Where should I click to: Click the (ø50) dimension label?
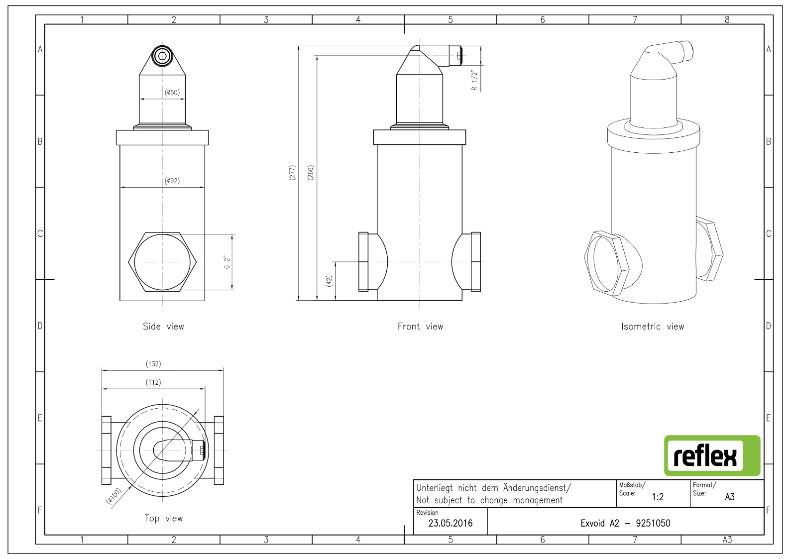click(172, 93)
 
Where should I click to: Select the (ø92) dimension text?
click(172, 181)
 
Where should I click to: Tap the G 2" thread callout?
click(227, 262)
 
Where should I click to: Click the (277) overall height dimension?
click(292, 173)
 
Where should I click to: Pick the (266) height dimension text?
click(310, 173)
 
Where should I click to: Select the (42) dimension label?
click(329, 281)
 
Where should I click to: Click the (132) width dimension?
click(153, 363)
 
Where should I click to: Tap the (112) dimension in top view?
click(153, 382)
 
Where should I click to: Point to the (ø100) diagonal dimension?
click(114, 496)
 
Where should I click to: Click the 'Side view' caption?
click(163, 326)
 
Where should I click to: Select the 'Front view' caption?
click(421, 326)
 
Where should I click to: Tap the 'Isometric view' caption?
click(653, 326)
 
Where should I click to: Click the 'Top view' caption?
click(164, 518)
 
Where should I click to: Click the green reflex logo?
click(712, 455)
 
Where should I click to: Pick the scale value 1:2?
click(658, 497)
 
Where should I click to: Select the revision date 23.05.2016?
click(451, 523)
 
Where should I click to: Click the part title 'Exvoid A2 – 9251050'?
click(625, 523)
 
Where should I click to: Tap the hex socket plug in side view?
click(162, 56)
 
